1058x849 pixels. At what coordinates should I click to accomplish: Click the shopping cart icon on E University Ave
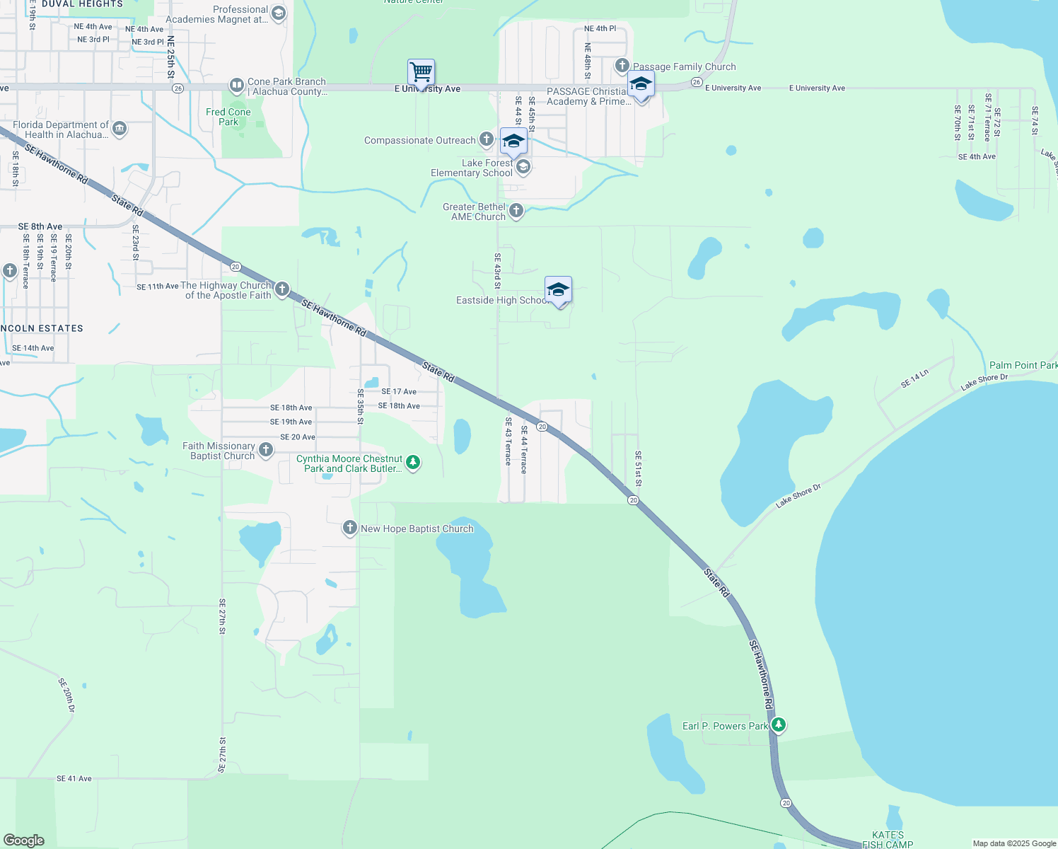[421, 72]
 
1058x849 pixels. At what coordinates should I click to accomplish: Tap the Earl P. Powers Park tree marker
[779, 725]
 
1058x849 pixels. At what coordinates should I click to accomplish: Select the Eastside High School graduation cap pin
[558, 289]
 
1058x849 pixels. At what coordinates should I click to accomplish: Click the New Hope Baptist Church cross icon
[349, 528]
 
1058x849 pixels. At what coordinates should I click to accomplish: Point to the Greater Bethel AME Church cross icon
[516, 210]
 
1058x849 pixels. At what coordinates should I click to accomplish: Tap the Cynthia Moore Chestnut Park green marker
[413, 463]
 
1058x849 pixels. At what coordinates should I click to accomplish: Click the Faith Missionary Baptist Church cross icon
[266, 449]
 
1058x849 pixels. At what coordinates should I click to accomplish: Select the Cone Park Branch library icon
[236, 86]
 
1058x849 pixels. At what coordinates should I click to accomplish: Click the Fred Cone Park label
[228, 117]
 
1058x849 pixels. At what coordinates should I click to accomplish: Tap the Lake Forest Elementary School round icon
[523, 167]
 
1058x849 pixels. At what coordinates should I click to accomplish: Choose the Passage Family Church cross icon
[622, 66]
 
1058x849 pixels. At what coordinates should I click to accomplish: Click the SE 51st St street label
[638, 469]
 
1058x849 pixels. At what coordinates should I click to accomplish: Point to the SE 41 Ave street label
[74, 778]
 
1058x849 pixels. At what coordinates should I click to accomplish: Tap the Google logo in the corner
[24, 840]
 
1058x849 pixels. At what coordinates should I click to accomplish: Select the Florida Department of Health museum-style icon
[120, 129]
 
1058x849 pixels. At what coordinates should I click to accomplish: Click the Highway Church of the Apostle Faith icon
[282, 289]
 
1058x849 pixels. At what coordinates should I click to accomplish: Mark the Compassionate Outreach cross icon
[487, 139]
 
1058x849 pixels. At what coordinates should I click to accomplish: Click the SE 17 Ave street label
[399, 391]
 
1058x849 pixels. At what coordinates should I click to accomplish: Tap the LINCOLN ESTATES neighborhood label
[42, 328]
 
